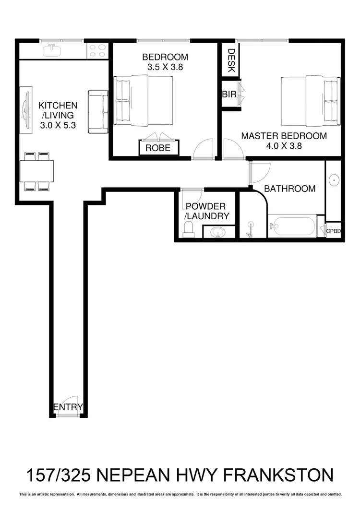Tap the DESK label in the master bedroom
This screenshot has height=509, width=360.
point(231,60)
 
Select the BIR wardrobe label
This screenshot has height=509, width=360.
point(229,95)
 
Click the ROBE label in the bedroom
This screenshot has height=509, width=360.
point(158,148)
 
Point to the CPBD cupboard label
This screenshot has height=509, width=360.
point(334,231)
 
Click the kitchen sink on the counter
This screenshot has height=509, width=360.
point(50,50)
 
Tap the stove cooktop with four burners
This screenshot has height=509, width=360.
point(97,50)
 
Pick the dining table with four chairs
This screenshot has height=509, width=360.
point(36,171)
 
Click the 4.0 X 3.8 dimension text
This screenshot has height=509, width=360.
point(284,147)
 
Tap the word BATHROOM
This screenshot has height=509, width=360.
point(290,189)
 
